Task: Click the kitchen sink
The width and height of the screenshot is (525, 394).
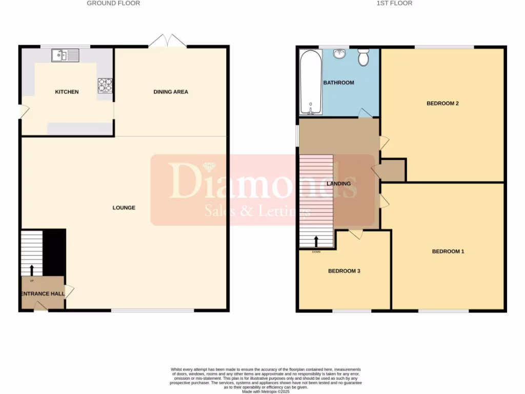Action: [x=65, y=54]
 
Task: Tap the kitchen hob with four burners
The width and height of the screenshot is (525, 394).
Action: [x=105, y=85]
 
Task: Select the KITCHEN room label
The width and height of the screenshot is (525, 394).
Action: [x=67, y=92]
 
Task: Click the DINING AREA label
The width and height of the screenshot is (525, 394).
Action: [x=171, y=92]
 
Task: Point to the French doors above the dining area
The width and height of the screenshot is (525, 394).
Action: [x=168, y=42]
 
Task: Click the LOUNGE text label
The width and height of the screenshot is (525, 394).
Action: [x=124, y=208]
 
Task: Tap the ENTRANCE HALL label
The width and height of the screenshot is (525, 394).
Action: [x=43, y=294]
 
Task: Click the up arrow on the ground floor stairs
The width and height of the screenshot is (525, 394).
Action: [x=32, y=270]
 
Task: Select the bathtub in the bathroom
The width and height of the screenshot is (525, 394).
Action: [x=310, y=82]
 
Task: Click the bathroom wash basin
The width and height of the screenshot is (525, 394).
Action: [x=339, y=54]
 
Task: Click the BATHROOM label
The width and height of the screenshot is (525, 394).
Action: [x=338, y=83]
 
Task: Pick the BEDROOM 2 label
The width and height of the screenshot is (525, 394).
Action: [x=442, y=103]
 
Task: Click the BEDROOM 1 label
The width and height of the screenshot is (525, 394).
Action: [x=448, y=251]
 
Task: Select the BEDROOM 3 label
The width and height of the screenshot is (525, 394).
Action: [x=344, y=271]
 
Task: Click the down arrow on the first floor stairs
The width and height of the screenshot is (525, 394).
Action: [x=316, y=241]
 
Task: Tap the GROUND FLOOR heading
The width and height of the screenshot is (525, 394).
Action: [x=113, y=3]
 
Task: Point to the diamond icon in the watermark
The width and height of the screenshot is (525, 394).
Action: [x=209, y=167]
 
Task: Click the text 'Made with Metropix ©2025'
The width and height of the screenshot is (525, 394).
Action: [x=266, y=391]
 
